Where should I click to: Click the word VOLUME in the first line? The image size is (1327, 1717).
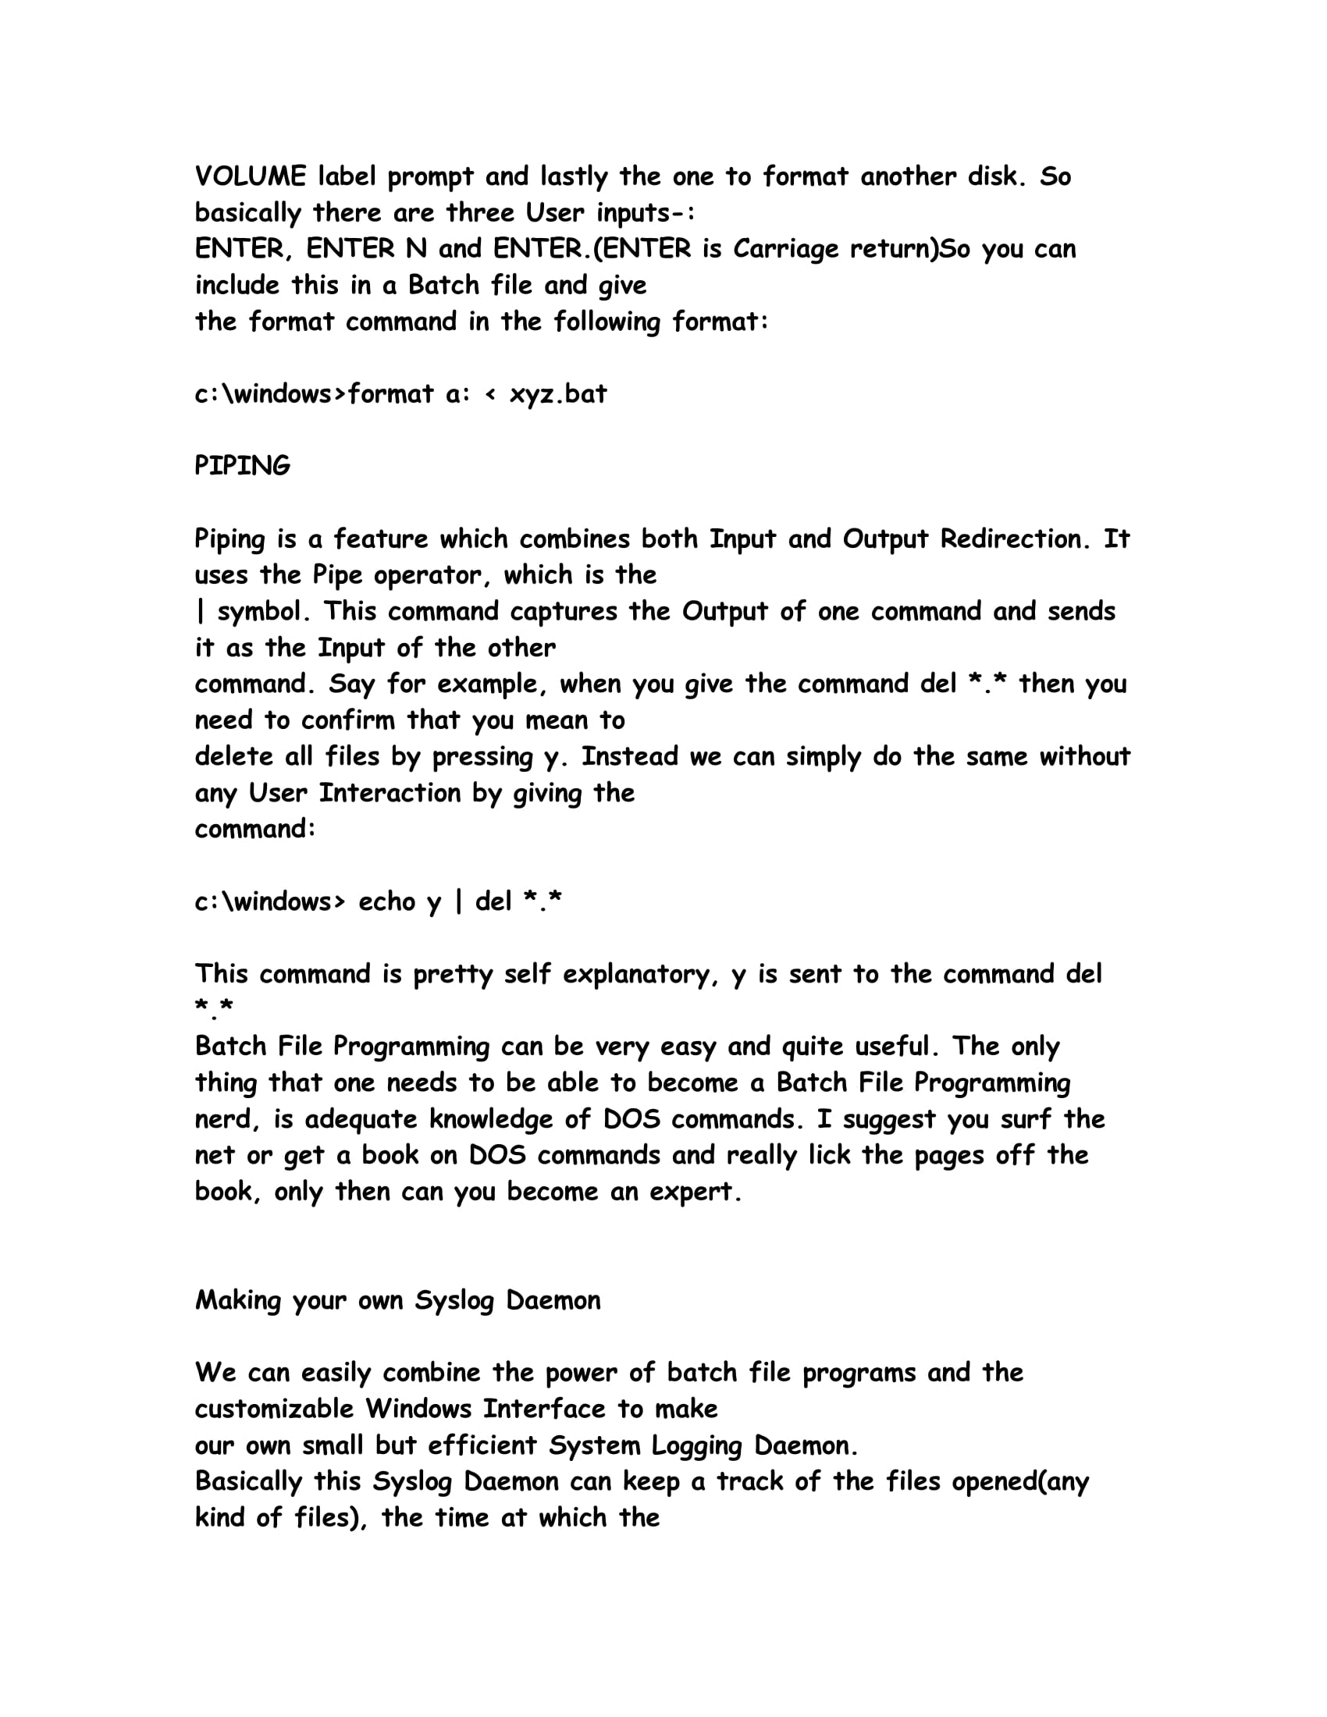(250, 177)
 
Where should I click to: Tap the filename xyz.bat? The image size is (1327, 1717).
(558, 394)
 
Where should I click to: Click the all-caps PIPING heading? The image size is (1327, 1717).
(242, 466)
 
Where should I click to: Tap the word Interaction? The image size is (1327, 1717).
(390, 793)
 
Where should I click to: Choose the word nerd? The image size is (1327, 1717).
(222, 1119)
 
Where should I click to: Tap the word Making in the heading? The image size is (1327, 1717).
(237, 1301)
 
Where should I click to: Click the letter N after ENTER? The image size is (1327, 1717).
(416, 249)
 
